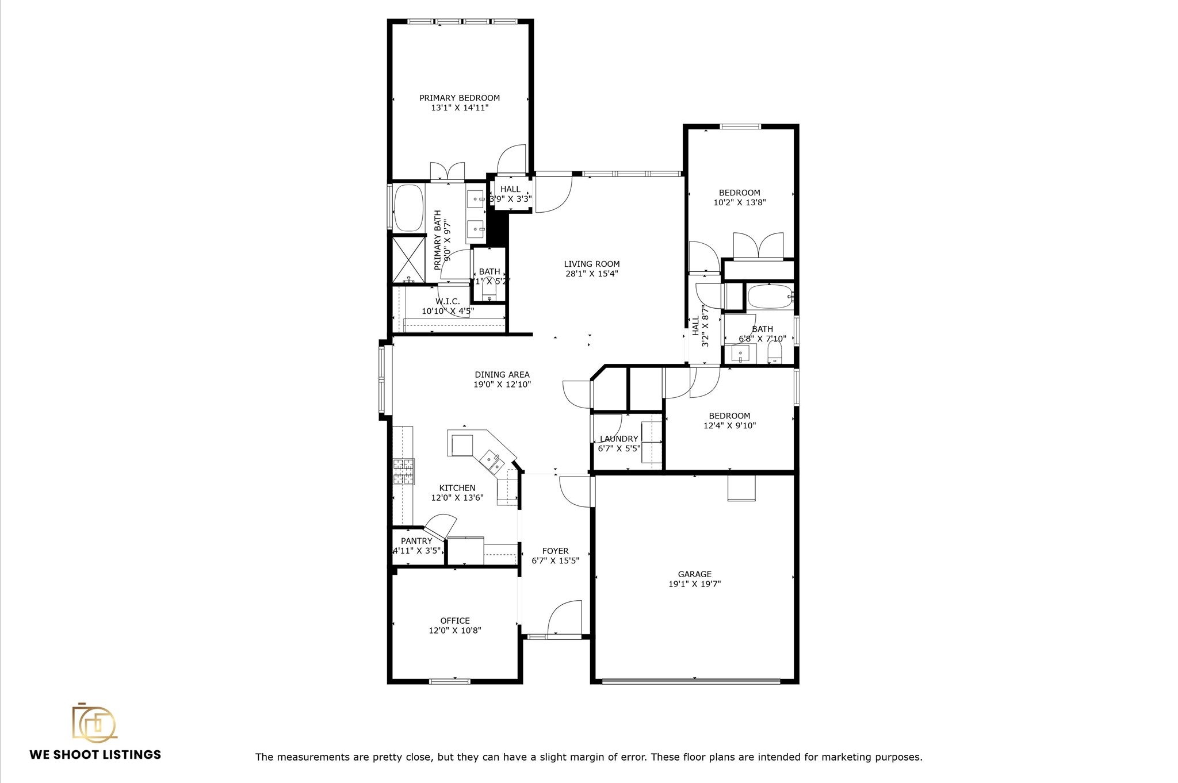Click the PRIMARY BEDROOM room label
459,98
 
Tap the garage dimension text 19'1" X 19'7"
694,584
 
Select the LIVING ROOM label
591,264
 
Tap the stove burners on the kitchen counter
403,471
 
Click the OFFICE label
455,620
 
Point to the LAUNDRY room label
618,439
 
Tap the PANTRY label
416,541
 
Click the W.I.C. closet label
448,301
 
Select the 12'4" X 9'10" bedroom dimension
729,426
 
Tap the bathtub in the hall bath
770,297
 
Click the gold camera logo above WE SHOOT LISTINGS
94,722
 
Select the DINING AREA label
502,375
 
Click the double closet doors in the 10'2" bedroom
758,245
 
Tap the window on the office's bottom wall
450,681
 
